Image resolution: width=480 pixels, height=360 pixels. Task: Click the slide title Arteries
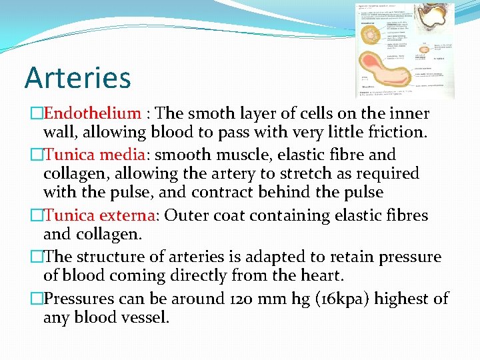[x=77, y=77]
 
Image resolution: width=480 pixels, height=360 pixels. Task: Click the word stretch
[x=295, y=173]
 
